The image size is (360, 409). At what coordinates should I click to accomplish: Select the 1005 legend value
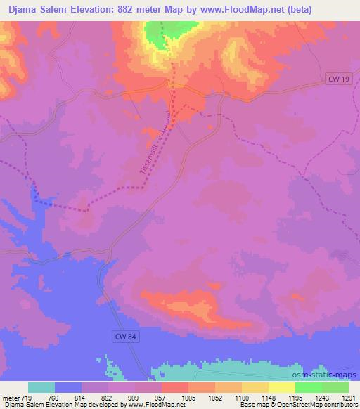point(188,397)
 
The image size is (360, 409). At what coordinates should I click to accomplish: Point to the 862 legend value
point(109,397)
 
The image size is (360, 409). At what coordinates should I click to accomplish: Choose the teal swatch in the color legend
point(41,387)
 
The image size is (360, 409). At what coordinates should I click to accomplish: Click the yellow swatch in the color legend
point(281,387)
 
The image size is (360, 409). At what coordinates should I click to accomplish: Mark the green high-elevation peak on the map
point(157,35)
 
